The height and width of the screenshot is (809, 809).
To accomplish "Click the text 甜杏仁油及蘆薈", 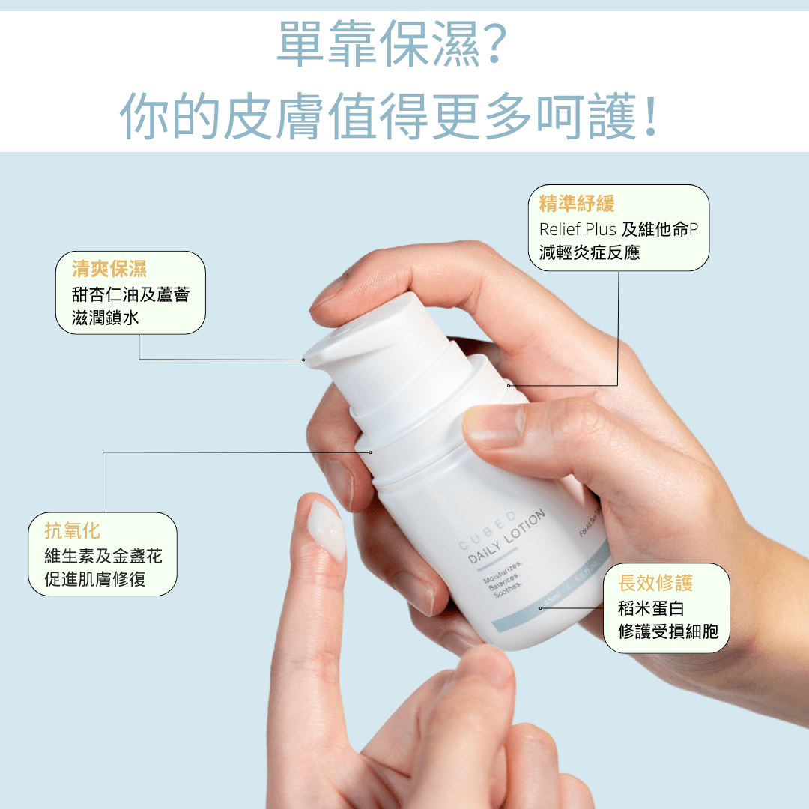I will [131, 294].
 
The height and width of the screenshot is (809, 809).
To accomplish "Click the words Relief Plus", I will [578, 229].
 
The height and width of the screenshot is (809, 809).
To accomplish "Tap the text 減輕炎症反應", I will [590, 253].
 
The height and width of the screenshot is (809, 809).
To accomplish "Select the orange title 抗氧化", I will [73, 531].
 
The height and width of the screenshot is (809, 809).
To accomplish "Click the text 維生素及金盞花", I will [103, 556].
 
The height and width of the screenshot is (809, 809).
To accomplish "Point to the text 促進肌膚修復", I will [95, 579].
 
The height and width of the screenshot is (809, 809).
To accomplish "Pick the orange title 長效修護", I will [655, 583].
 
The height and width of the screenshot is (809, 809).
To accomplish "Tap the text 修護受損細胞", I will [668, 631].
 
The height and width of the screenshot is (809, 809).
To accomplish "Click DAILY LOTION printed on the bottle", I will [506, 537].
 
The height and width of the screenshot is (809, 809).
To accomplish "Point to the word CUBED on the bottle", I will [487, 530].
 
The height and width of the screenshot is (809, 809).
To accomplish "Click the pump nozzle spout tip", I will [309, 357].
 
